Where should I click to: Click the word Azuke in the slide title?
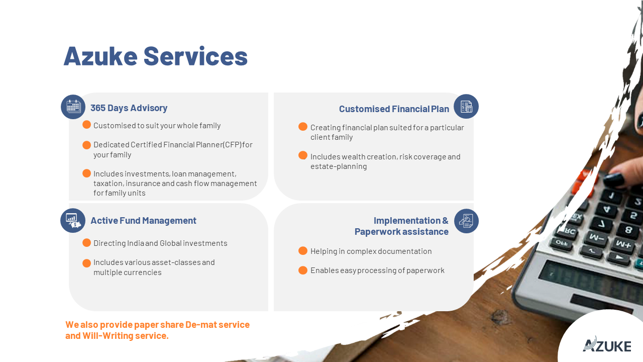pyautogui.click(x=100, y=56)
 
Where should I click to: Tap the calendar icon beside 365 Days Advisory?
pyautogui.click(x=73, y=107)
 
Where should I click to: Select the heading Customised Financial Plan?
pyautogui.click(x=394, y=109)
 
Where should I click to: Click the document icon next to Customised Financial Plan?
pyautogui.click(x=466, y=106)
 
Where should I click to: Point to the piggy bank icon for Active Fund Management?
pyautogui.click(x=73, y=220)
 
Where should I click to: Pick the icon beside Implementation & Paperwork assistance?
pyautogui.click(x=466, y=221)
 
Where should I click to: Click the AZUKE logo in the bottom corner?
pyautogui.click(x=607, y=344)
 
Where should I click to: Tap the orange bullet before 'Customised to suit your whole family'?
pyautogui.click(x=87, y=125)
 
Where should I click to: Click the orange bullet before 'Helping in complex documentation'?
pyautogui.click(x=303, y=251)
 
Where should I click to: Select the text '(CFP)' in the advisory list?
pyautogui.click(x=232, y=144)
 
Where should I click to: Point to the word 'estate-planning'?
pyautogui.click(x=339, y=166)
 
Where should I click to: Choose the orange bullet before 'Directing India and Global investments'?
pyautogui.click(x=87, y=243)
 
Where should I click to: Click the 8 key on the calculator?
pyautogui.click(x=628, y=230)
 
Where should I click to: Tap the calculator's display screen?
pyautogui.click(x=588, y=280)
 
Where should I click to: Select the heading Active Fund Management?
pyautogui.click(x=144, y=221)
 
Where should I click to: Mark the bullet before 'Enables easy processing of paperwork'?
pyautogui.click(x=303, y=270)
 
